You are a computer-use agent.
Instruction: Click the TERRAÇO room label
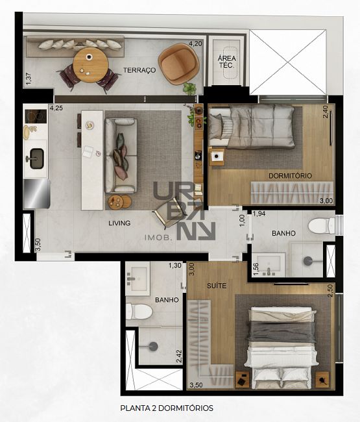[139, 70]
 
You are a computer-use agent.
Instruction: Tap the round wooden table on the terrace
[91, 65]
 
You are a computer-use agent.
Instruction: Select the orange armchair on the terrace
[179, 64]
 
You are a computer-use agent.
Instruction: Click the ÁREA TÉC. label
[227, 62]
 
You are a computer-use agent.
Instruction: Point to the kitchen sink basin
[37, 159]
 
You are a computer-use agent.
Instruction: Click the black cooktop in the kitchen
[36, 116]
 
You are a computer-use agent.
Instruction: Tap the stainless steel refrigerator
[37, 193]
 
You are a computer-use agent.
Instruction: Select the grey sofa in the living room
[121, 156]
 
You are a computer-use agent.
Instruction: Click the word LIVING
[119, 223]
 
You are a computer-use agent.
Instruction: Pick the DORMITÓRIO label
[290, 176]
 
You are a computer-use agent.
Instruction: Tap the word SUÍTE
[217, 286]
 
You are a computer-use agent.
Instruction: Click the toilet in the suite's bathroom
[139, 312]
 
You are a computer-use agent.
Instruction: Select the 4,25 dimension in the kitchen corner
[56, 108]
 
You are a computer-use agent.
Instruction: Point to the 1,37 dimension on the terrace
[29, 79]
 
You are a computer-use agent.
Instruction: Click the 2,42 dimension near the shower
[178, 356]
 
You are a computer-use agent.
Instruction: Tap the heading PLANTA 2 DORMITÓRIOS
[167, 408]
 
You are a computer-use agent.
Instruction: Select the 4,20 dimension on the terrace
[195, 43]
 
